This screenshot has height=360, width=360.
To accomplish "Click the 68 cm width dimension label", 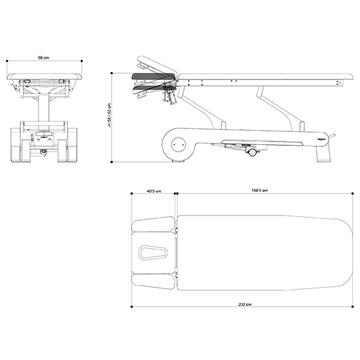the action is pos(44,58).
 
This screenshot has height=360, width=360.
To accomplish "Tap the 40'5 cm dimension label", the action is pos(154,191).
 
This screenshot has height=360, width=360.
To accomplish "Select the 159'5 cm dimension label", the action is pos(259,190).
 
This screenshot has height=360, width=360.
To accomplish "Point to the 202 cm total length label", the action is pos(245,304).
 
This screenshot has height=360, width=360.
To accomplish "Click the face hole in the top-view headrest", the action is pos(153,253).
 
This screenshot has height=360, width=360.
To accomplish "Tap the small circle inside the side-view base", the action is pos(178,145).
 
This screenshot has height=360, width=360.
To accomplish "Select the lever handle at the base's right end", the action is pos(331,136).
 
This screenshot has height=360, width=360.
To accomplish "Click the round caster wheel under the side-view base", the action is pos(252,152).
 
